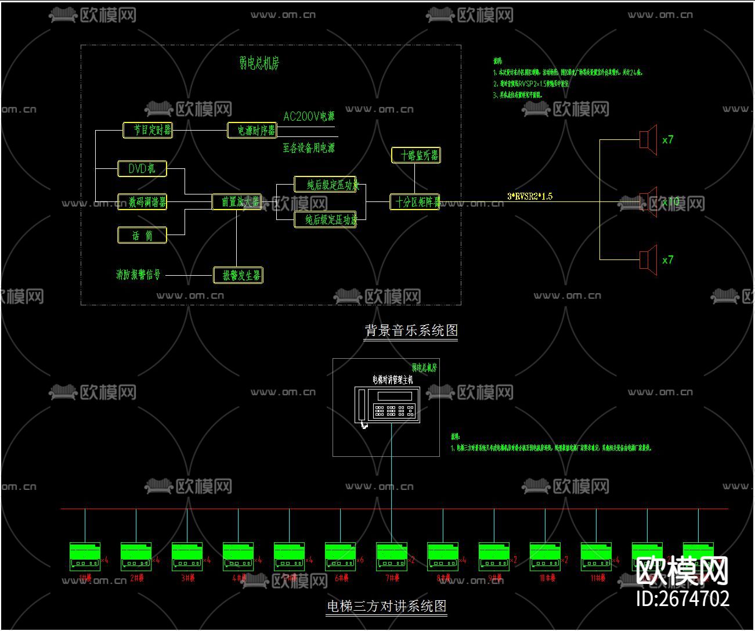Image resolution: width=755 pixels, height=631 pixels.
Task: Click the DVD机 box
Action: click(x=142, y=169)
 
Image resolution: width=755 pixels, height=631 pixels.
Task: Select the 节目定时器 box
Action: click(x=149, y=130)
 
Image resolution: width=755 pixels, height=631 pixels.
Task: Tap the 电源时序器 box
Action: click(x=252, y=130)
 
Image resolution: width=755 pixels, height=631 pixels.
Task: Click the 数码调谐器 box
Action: click(x=142, y=202)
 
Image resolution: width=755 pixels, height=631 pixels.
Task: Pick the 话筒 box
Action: click(x=142, y=235)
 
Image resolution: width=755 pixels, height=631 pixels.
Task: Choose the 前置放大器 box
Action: click(x=236, y=202)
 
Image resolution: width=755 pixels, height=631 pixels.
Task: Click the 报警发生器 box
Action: click(x=239, y=275)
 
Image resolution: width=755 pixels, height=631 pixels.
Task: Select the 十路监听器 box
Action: click(x=416, y=156)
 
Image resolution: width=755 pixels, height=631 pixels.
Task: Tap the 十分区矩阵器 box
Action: click(x=414, y=202)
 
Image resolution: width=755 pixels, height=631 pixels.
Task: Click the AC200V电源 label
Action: click(x=309, y=117)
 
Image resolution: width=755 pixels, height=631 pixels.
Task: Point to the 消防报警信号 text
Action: click(x=138, y=275)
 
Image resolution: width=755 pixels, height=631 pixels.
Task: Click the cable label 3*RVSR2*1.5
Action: click(x=530, y=196)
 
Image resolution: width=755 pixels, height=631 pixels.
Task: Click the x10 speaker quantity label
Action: click(x=670, y=202)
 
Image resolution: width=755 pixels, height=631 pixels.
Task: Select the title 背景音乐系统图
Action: click(x=411, y=331)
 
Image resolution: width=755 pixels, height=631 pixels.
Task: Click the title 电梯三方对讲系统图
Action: click(x=386, y=607)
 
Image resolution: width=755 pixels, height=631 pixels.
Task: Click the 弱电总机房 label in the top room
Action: click(x=259, y=63)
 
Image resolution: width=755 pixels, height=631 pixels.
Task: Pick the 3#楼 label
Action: click(x=187, y=578)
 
